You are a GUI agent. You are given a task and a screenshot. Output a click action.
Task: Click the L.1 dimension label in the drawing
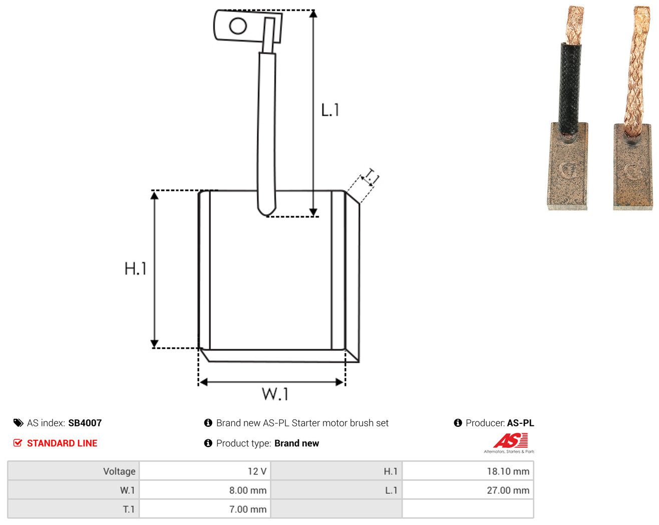(x=330, y=110)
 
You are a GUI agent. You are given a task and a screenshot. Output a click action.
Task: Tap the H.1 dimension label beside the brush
(x=135, y=269)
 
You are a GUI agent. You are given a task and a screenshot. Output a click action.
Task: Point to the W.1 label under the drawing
(x=275, y=394)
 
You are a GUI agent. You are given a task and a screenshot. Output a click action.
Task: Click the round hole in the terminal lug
(x=238, y=26)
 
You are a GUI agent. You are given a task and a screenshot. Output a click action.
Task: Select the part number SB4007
(x=85, y=423)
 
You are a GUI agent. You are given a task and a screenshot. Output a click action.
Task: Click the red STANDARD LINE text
(x=62, y=443)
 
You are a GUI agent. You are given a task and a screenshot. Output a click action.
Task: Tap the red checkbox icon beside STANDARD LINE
(x=18, y=443)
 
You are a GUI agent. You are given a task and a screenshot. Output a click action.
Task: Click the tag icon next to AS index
(x=19, y=423)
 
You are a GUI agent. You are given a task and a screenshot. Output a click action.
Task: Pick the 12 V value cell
(x=204, y=471)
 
